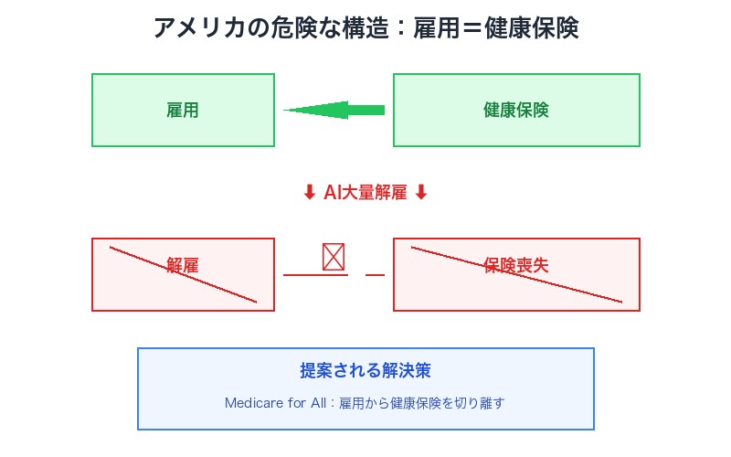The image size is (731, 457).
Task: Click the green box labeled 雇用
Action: (183, 110)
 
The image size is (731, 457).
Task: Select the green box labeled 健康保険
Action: (516, 110)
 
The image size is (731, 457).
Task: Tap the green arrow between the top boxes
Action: (334, 110)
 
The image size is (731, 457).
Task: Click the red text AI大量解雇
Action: (365, 192)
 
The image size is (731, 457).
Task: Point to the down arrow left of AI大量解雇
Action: (309, 192)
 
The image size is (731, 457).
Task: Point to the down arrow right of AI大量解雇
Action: (421, 192)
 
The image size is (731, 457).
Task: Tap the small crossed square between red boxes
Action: (334, 257)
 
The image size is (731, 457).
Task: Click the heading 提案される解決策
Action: (365, 371)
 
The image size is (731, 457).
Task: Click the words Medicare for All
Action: (278, 402)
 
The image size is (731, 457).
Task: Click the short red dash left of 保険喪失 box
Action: (375, 274)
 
